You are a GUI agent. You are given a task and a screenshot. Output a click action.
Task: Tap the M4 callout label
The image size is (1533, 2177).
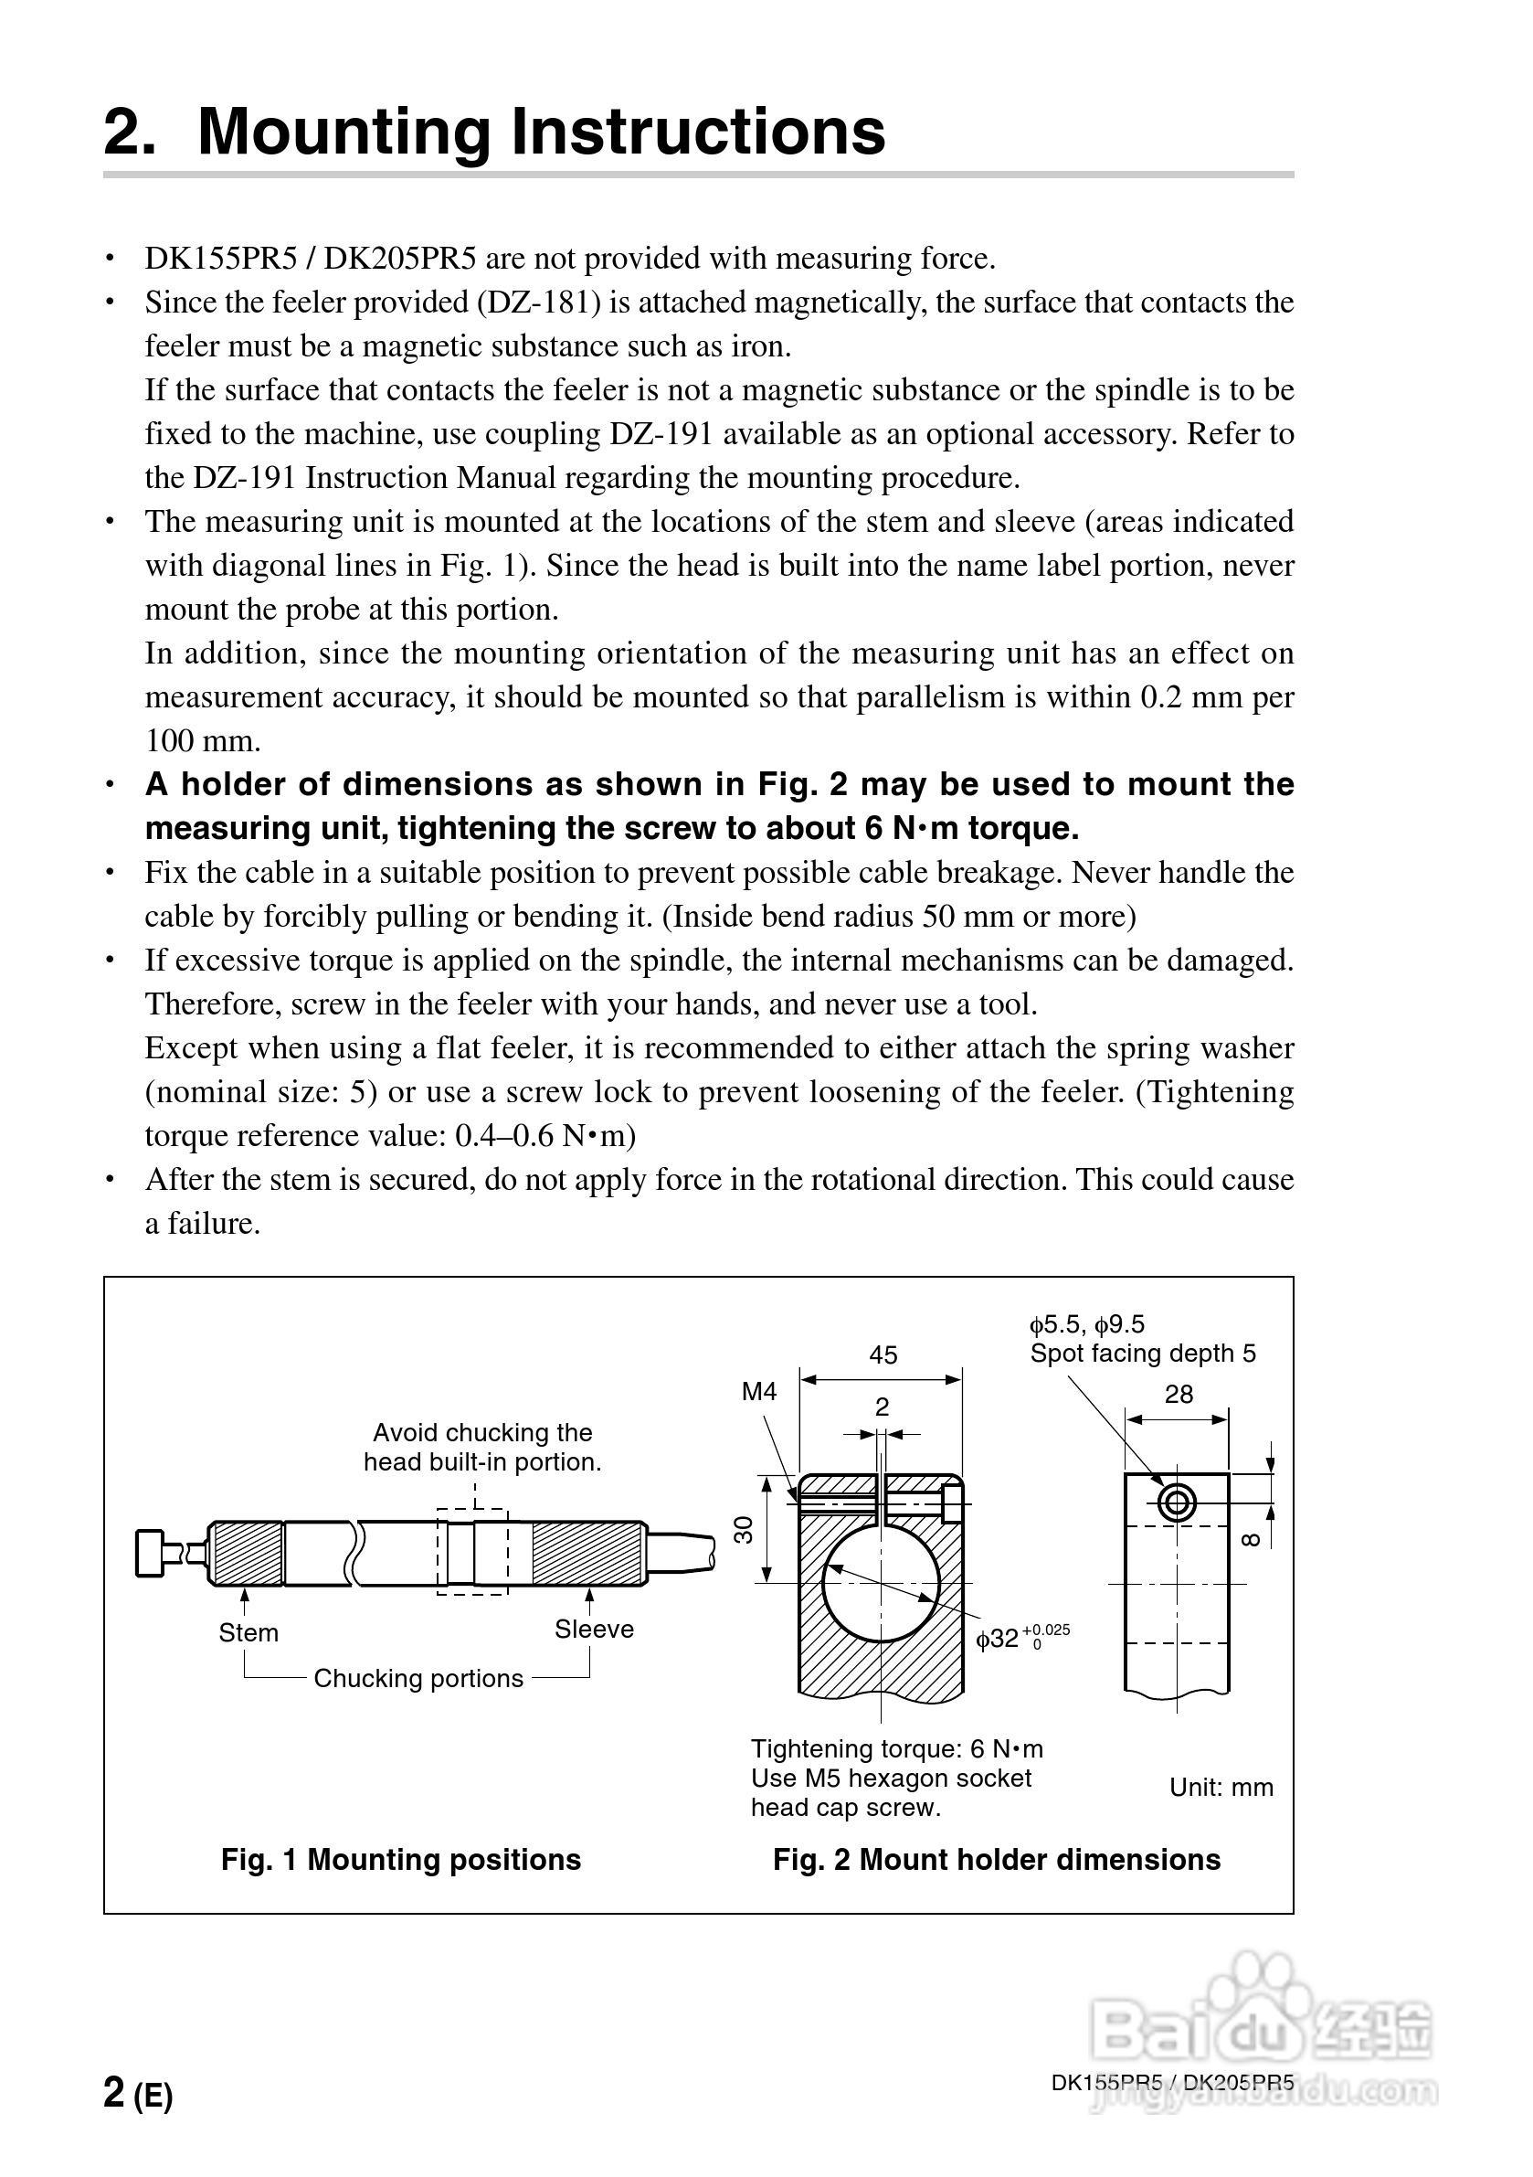click(x=758, y=1391)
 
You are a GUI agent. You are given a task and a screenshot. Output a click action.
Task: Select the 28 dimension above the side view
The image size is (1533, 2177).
click(x=1179, y=1394)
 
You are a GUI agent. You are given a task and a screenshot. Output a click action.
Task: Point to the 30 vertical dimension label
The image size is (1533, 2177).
click(x=745, y=1528)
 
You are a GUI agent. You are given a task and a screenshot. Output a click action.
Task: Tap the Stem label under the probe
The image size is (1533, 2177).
click(x=248, y=1632)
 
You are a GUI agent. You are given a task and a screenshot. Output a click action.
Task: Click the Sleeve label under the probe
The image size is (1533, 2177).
click(x=594, y=1629)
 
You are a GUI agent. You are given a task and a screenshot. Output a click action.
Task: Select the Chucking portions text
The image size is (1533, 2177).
click(x=418, y=1678)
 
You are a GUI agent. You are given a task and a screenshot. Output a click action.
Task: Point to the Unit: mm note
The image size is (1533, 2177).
click(x=1221, y=1788)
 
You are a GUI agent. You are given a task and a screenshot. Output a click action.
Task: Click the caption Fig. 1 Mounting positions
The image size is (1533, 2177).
click(x=400, y=1859)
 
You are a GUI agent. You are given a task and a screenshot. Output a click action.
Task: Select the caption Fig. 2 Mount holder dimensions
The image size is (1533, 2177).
click(x=996, y=1859)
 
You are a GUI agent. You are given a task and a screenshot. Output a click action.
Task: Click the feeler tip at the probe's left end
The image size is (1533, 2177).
click(x=152, y=1553)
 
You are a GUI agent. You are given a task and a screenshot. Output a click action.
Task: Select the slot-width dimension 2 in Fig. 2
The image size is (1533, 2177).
click(x=882, y=1407)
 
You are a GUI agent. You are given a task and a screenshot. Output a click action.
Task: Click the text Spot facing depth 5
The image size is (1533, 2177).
click(x=1142, y=1353)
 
